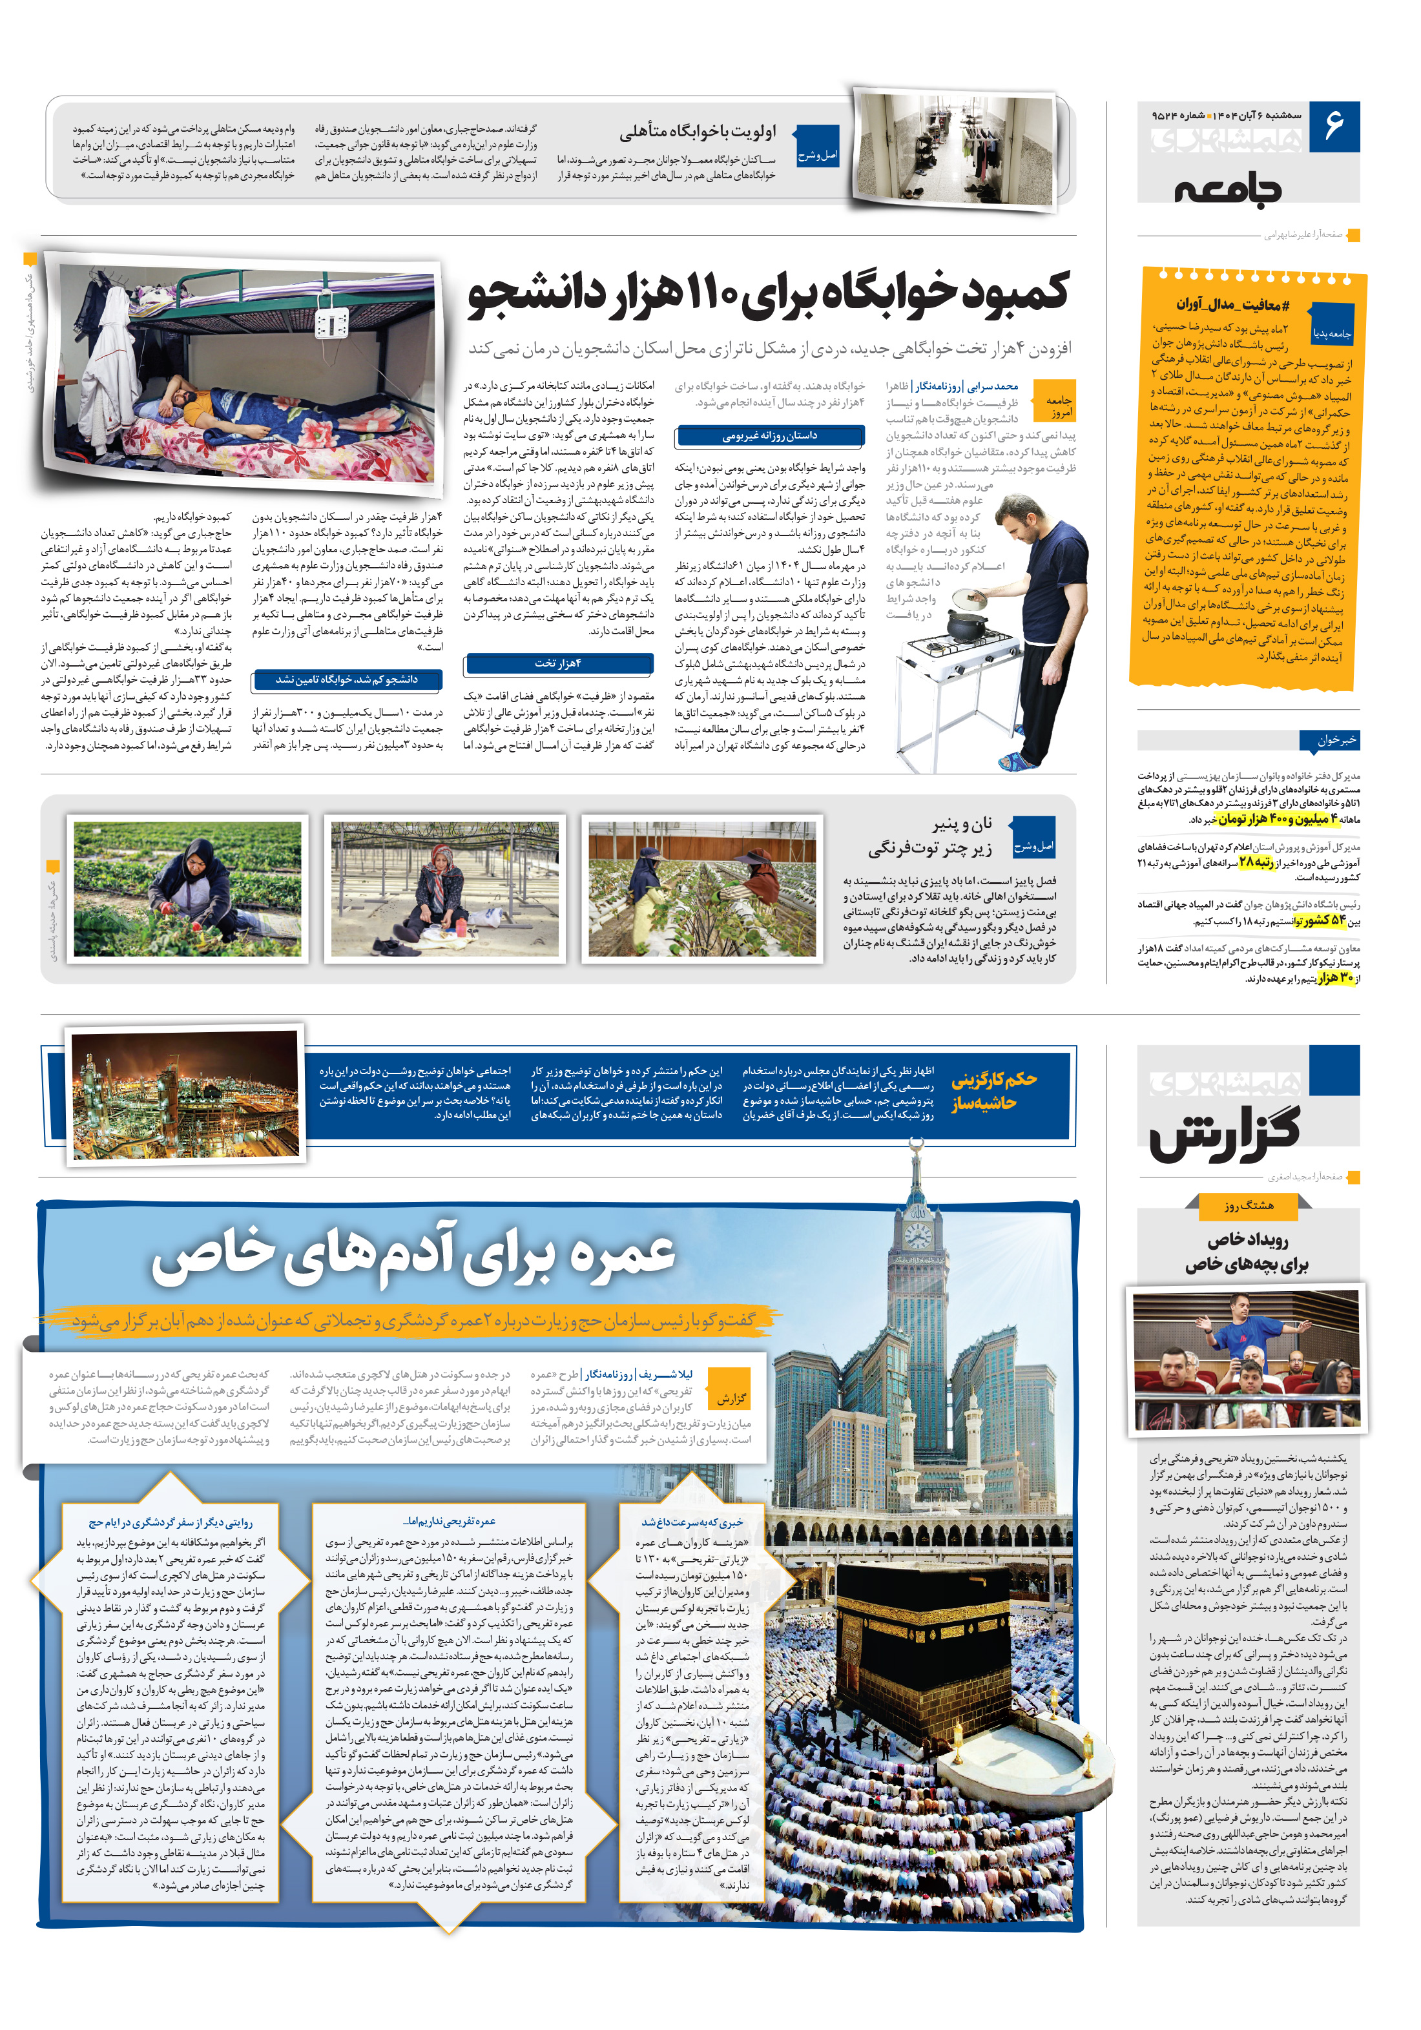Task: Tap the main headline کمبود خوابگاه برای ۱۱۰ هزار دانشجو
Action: (x=769, y=295)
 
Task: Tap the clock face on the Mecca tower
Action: (x=918, y=1235)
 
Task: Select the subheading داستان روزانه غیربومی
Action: (x=769, y=436)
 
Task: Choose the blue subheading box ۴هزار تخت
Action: (x=558, y=663)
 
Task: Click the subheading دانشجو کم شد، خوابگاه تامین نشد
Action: (x=347, y=679)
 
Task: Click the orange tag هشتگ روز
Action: (x=1248, y=1205)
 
